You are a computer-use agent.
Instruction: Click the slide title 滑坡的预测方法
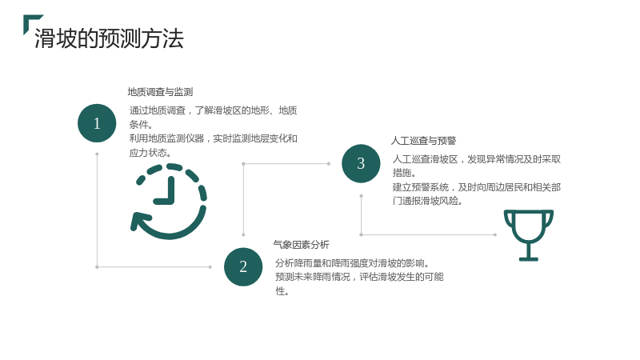click(x=109, y=38)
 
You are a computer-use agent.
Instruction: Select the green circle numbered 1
click(x=97, y=123)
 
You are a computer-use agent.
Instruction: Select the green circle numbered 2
click(x=243, y=266)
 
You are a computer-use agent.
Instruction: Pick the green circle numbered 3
click(x=361, y=163)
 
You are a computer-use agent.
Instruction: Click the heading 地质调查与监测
click(x=160, y=92)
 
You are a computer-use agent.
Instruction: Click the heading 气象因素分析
click(x=302, y=245)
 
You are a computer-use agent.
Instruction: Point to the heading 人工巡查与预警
click(x=423, y=141)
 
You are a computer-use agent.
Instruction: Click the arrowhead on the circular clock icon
click(x=138, y=222)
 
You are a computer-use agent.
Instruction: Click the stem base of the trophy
click(x=529, y=258)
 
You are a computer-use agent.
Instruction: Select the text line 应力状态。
click(x=150, y=153)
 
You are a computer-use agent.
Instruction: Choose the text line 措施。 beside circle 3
click(x=404, y=173)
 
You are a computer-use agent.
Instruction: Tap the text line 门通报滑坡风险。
click(x=427, y=202)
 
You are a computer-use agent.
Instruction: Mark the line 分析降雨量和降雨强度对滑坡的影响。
click(x=352, y=263)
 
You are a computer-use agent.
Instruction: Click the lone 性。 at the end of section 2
click(x=282, y=291)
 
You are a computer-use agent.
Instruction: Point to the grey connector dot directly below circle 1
click(x=97, y=154)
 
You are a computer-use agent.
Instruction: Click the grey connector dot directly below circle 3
click(x=361, y=196)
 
